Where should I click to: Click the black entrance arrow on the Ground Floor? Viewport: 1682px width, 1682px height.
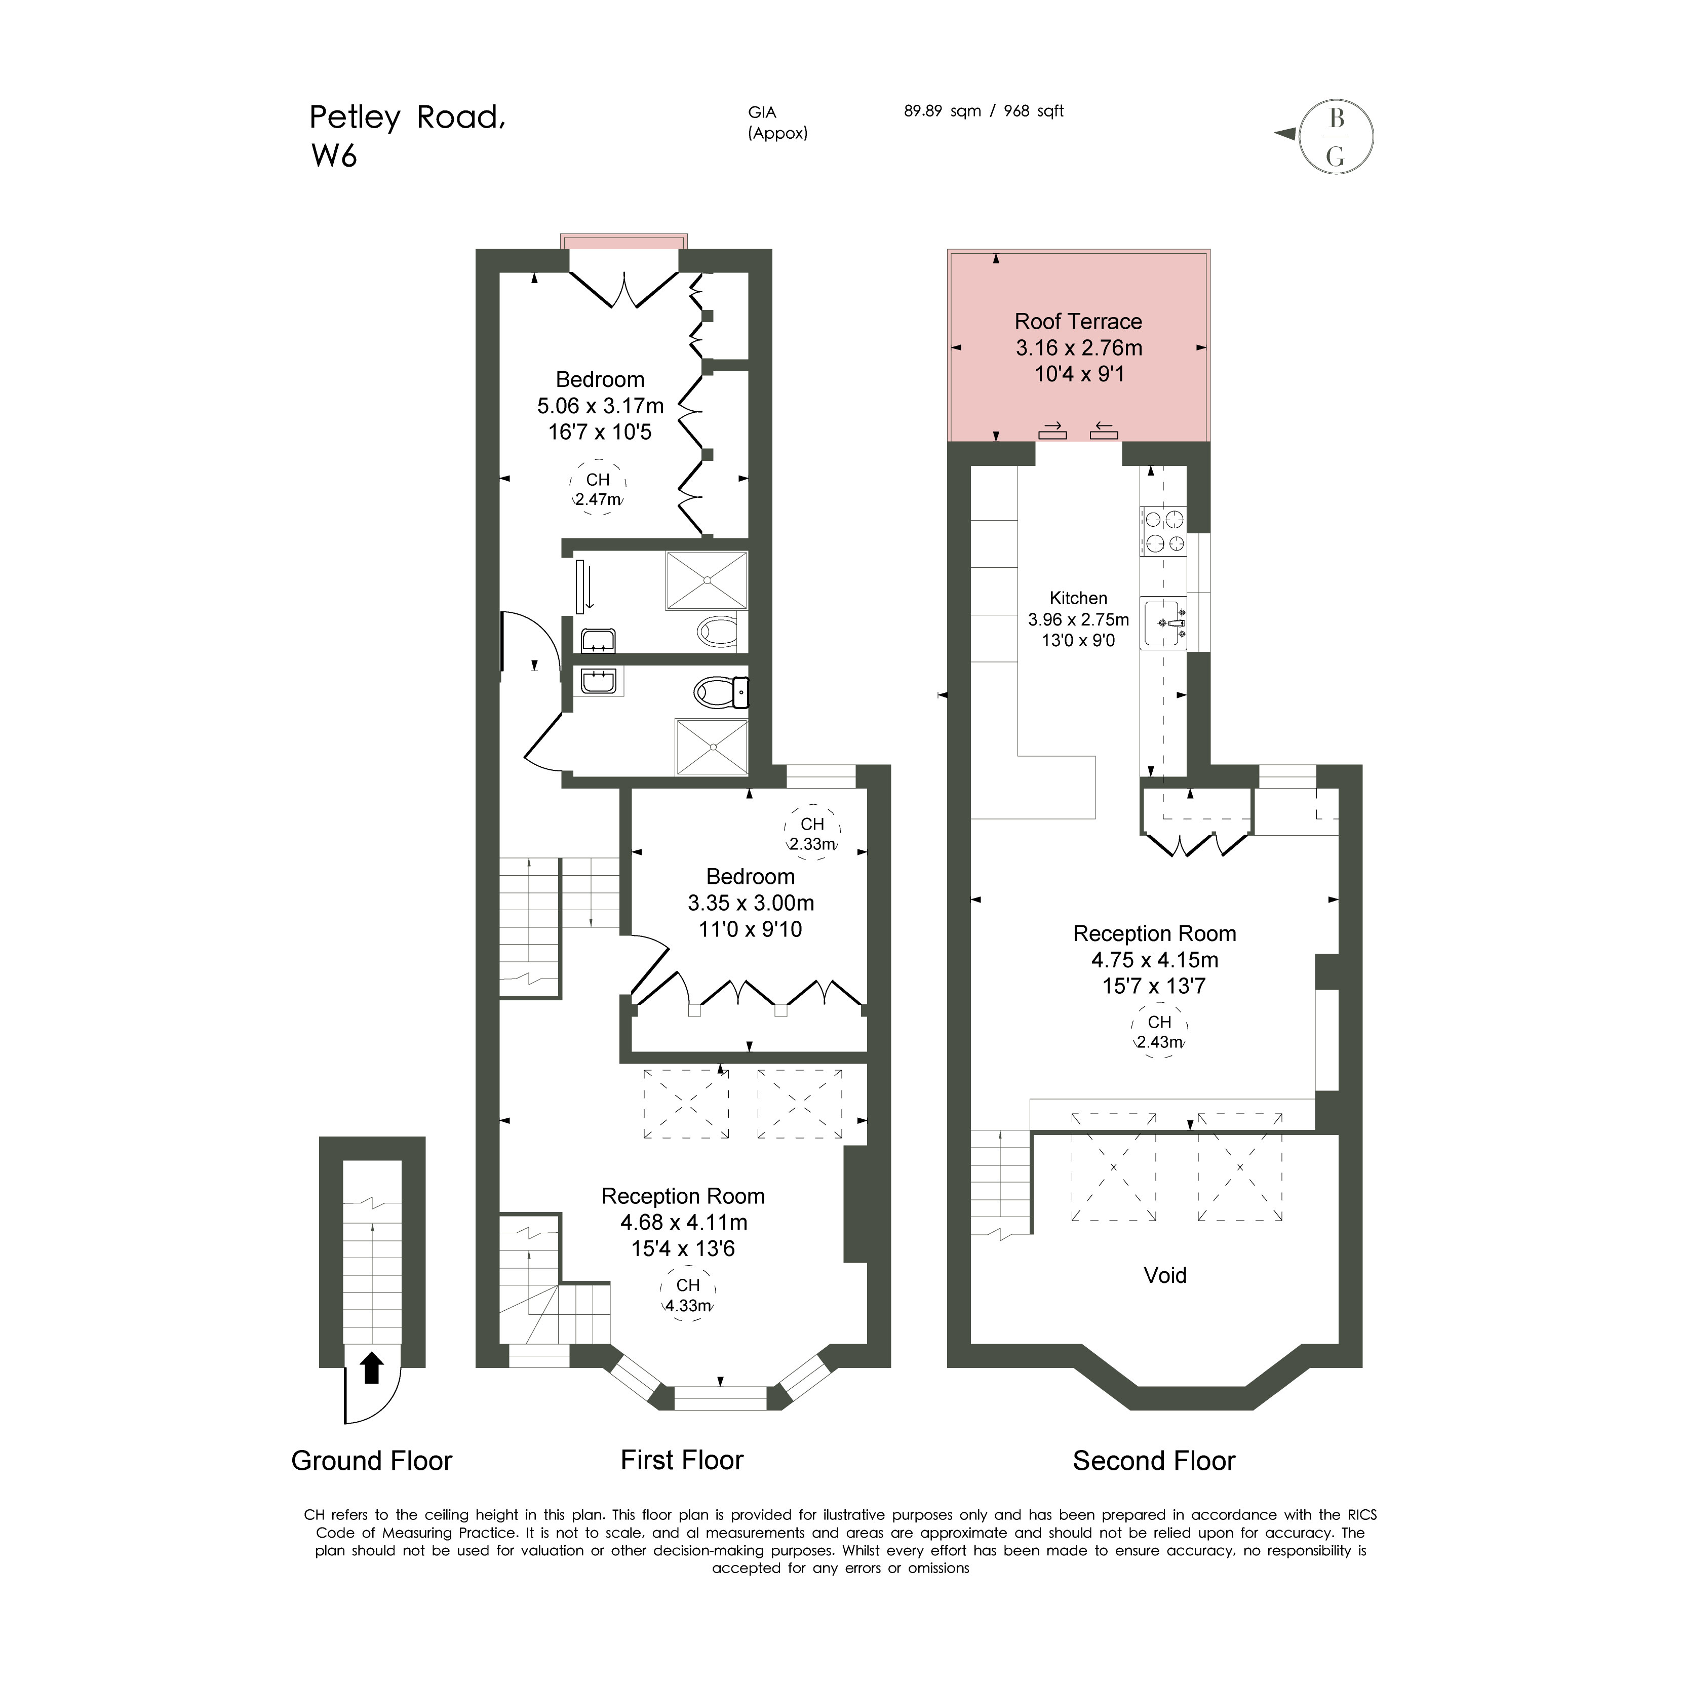pyautogui.click(x=372, y=1367)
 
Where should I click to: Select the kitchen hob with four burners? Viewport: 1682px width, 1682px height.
pyautogui.click(x=1163, y=531)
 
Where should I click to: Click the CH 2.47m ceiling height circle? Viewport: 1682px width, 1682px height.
pyautogui.click(x=598, y=488)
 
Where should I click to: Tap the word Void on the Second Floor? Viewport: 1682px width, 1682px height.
pyautogui.click(x=1165, y=1275)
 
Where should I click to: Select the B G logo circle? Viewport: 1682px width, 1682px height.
pyautogui.click(x=1337, y=137)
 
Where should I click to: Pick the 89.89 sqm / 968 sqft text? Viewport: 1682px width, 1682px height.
pyautogui.click(x=984, y=111)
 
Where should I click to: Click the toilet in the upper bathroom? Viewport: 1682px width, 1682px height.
pyautogui.click(x=717, y=631)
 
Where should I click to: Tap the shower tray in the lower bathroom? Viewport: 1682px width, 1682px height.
pyautogui.click(x=711, y=746)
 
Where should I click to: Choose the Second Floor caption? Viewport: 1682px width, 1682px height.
pyautogui.click(x=1154, y=1461)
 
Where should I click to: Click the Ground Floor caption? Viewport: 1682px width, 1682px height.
pyautogui.click(x=372, y=1461)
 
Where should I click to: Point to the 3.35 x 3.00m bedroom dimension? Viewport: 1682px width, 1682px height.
pyautogui.click(x=751, y=903)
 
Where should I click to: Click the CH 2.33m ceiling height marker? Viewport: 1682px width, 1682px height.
pyautogui.click(x=812, y=833)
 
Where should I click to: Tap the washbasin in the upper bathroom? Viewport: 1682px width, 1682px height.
pyautogui.click(x=598, y=641)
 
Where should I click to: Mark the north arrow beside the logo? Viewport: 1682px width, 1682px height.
pyautogui.click(x=1284, y=133)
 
